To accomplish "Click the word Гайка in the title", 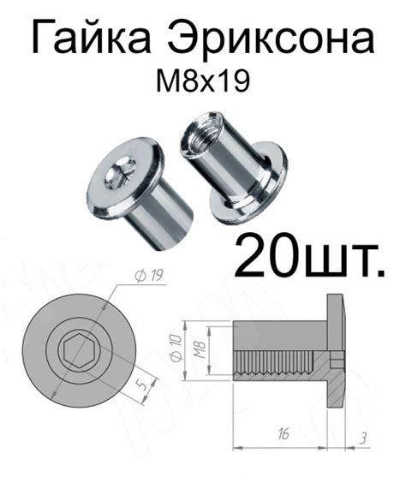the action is [x=91, y=38].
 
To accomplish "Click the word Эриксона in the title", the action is [x=272, y=38].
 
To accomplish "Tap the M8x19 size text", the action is [x=203, y=81].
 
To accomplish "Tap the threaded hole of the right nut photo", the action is [x=202, y=130].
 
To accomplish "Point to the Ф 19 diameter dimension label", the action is [x=148, y=275].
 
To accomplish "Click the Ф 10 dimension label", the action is [x=176, y=348].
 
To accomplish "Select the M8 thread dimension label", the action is [x=200, y=349].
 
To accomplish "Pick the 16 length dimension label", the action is [x=283, y=433].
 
